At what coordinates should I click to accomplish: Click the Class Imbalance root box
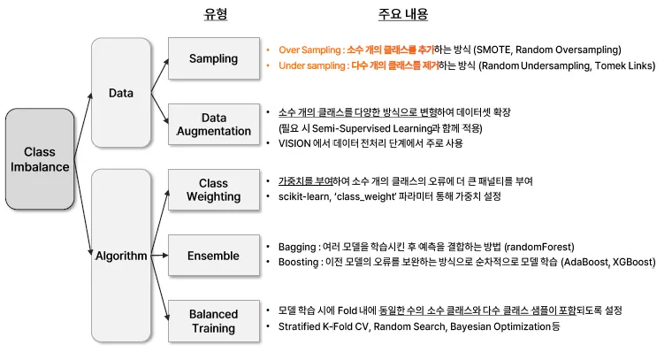[x=39, y=160]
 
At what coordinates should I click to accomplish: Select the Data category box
[x=120, y=92]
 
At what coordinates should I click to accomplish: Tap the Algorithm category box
[x=120, y=256]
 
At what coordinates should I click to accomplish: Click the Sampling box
[x=213, y=58]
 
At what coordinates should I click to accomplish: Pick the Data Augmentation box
[x=213, y=124]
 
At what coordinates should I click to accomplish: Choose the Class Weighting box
[x=213, y=190]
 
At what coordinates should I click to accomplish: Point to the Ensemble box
[x=213, y=256]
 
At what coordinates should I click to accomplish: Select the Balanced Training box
[x=213, y=321]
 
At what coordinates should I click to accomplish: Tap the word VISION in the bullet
[x=294, y=143]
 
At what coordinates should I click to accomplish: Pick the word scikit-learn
[x=303, y=196]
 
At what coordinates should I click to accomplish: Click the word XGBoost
[x=629, y=262]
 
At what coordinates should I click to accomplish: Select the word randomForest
[x=539, y=246]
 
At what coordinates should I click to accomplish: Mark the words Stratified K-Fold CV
[x=325, y=327]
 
